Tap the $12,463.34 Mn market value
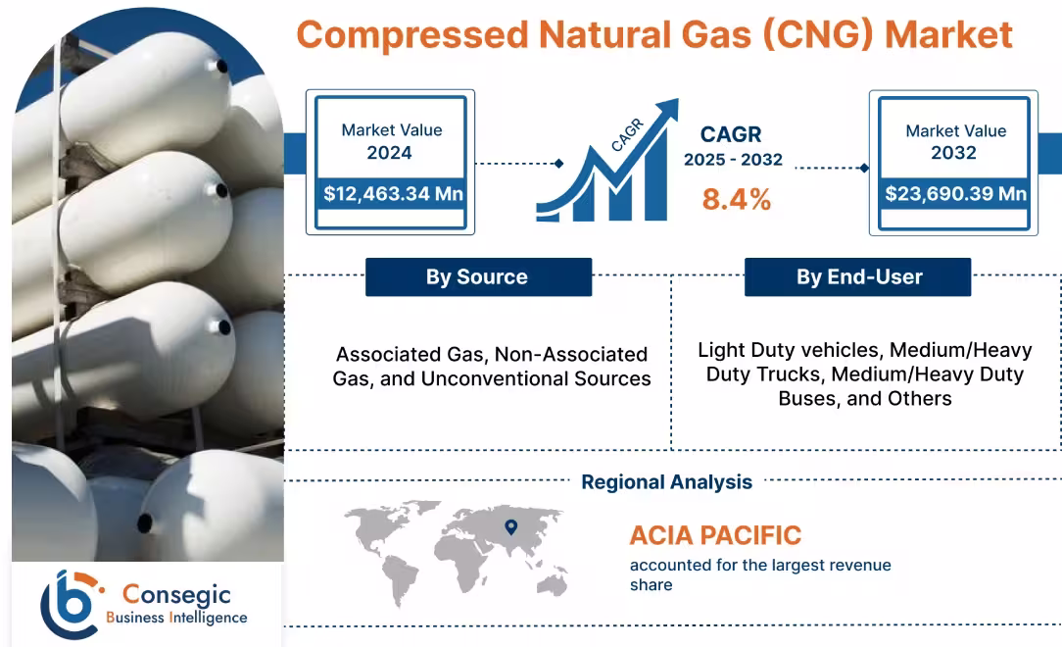(393, 193)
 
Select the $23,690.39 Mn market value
(955, 193)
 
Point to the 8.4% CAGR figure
(736, 199)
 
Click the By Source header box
(478, 277)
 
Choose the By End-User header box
(858, 277)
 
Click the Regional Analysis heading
(666, 481)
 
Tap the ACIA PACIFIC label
(715, 535)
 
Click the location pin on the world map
(509, 527)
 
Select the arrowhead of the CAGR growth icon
(668, 108)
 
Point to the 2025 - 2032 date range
(733, 160)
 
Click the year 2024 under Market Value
(389, 153)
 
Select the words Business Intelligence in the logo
(176, 618)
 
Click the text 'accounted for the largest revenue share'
(759, 574)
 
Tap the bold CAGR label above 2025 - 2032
(730, 134)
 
